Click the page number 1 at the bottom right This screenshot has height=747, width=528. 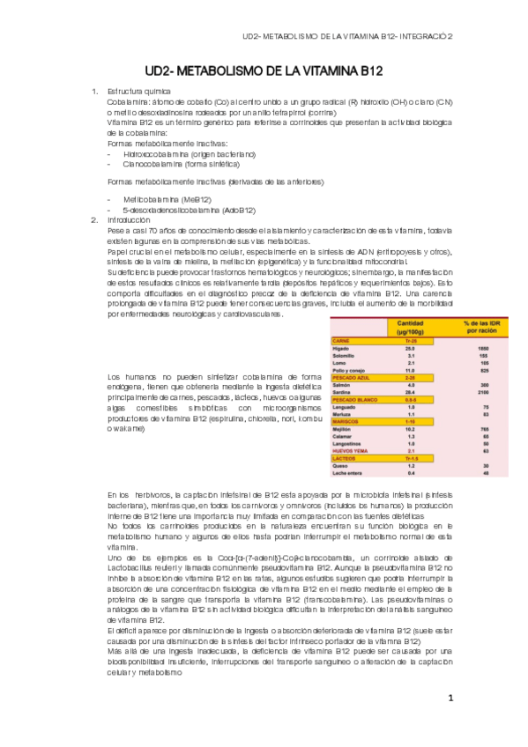(x=450, y=699)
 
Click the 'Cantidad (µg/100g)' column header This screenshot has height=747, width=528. (x=411, y=328)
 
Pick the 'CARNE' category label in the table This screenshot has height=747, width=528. (x=339, y=340)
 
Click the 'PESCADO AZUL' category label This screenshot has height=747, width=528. (x=348, y=377)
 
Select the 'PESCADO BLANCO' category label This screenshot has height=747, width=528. (x=351, y=399)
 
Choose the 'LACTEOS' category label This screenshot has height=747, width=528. (x=343, y=458)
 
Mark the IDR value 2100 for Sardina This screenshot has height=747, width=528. (x=482, y=392)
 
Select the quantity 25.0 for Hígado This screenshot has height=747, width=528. (x=410, y=348)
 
